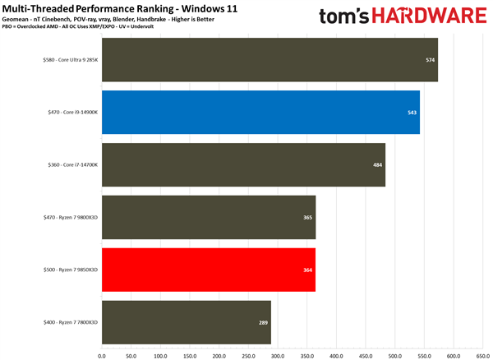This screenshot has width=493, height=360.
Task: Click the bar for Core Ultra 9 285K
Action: [270, 60]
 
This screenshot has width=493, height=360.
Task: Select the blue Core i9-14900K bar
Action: [260, 112]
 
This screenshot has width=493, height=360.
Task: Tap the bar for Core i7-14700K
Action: [243, 164]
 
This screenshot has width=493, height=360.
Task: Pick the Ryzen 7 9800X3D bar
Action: [209, 217]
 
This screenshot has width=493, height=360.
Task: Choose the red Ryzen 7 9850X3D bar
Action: [209, 270]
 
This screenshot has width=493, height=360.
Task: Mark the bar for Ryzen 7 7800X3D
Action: [187, 322]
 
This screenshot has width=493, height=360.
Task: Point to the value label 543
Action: [412, 112]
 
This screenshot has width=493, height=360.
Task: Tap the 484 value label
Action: [377, 164]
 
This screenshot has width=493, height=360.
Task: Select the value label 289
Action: [263, 322]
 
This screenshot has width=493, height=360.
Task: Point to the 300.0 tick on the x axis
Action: [277, 356]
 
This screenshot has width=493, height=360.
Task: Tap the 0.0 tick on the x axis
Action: [102, 356]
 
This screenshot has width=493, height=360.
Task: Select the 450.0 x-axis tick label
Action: [365, 356]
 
